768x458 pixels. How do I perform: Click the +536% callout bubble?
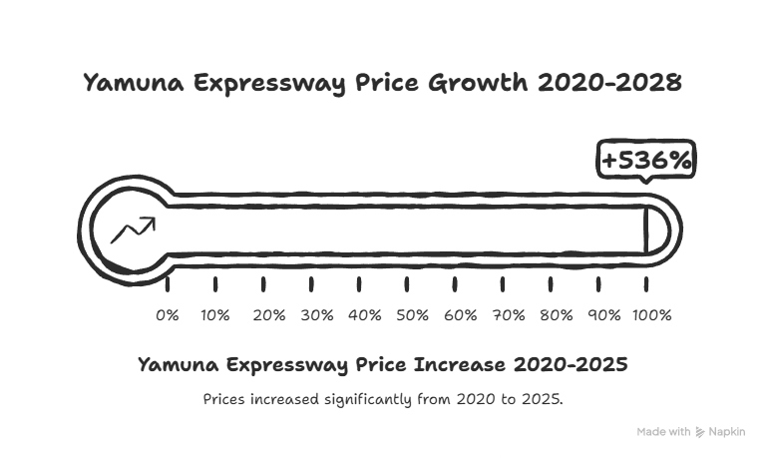tap(645, 161)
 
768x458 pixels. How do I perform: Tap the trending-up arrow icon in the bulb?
tap(132, 230)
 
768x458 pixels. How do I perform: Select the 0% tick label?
tap(168, 315)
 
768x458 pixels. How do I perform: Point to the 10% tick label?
tap(214, 315)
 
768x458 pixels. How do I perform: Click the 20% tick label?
tap(269, 315)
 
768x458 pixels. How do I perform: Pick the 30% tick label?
tap(317, 315)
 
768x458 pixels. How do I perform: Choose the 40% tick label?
tap(365, 315)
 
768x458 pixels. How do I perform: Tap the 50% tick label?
tap(413, 315)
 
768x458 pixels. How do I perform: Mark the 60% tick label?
tap(461, 315)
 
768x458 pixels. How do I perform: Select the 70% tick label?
tap(509, 315)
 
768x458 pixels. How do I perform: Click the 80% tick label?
tap(557, 315)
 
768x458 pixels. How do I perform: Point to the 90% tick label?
tap(603, 315)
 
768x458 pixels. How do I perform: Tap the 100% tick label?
tap(652, 315)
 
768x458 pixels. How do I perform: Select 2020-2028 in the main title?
tap(609, 83)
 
